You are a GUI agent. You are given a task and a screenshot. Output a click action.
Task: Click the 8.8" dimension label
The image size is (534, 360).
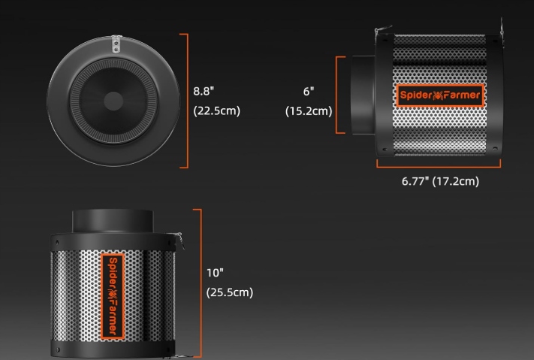204,92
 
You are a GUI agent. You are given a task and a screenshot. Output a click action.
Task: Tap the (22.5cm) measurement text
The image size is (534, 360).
216,110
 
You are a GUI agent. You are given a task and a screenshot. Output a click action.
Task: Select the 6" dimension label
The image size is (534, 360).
309,92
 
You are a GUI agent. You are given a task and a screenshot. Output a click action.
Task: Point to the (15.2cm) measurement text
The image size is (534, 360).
309,110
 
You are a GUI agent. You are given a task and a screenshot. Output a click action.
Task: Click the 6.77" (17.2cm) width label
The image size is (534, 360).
440,181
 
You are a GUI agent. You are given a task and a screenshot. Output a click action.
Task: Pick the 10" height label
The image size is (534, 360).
215,273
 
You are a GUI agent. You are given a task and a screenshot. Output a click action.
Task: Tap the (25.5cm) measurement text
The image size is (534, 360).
230,292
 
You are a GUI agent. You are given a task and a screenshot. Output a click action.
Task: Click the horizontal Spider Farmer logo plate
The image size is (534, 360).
440,95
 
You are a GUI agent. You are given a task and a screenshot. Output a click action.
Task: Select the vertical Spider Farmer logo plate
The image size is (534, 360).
113,296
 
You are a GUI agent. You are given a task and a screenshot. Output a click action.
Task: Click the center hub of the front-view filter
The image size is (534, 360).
113,101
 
